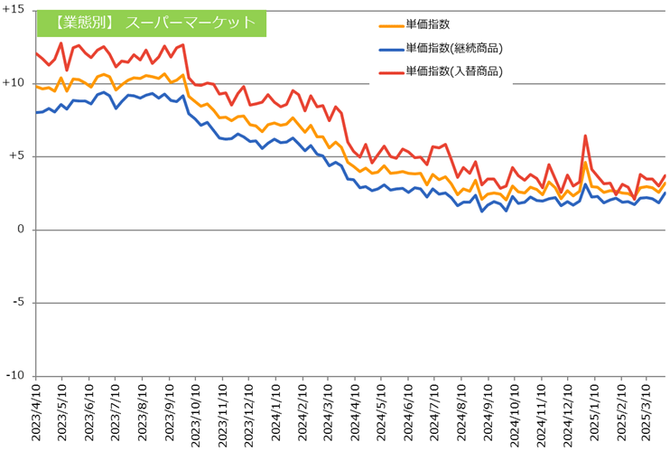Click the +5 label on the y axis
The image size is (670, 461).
[18, 156]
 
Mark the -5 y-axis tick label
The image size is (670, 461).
[20, 303]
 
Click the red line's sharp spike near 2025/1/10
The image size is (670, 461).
[585, 136]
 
